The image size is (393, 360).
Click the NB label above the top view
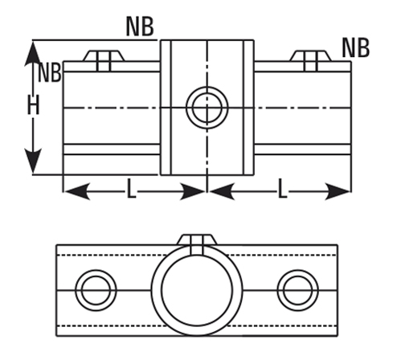click(x=140, y=27)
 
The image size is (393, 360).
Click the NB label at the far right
click(x=356, y=48)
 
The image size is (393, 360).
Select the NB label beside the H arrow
click(x=50, y=72)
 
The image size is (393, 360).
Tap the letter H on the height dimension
click(x=34, y=105)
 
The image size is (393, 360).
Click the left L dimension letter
click(x=131, y=189)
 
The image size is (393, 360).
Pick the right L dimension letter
click(x=282, y=189)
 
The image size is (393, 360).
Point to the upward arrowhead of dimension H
click(x=33, y=54)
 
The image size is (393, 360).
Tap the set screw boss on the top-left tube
click(x=104, y=60)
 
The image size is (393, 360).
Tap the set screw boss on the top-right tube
click(x=310, y=60)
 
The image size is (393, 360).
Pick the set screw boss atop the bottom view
click(x=197, y=244)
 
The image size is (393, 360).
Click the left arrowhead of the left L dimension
click(x=77, y=191)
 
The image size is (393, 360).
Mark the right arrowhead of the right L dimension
click(x=338, y=191)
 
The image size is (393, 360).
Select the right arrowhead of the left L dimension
click(x=192, y=191)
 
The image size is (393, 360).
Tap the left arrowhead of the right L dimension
click(x=222, y=191)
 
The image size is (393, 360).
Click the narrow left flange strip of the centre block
click(x=166, y=108)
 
